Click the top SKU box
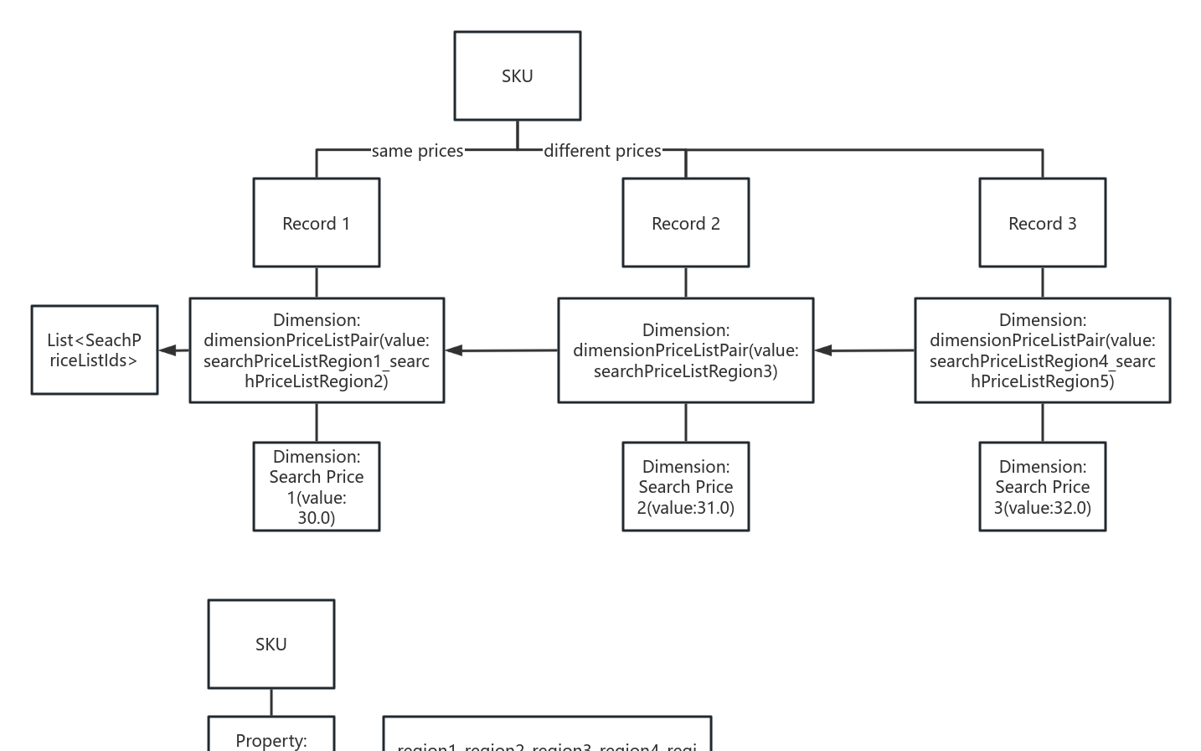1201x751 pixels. pos(517,75)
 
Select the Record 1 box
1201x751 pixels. pos(316,223)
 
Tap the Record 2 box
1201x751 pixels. pos(685,223)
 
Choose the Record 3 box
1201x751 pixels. pos(1042,223)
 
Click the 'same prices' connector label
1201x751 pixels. pos(417,151)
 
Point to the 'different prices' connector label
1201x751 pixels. pos(602,151)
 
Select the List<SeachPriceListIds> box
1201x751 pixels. pos(94,350)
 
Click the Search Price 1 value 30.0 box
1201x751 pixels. pos(316,486)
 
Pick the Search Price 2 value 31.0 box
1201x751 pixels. pos(685,486)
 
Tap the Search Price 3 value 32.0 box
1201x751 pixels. pos(1042,486)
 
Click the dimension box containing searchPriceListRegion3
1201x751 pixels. pos(685,350)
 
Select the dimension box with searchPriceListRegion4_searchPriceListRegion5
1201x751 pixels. pos(1042,350)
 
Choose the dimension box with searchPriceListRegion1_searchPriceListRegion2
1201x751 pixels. pos(316,350)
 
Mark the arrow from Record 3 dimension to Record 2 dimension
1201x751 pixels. pos(863,350)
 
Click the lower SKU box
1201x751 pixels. pos(271,644)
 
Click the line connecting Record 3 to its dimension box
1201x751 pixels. pos(1042,282)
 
